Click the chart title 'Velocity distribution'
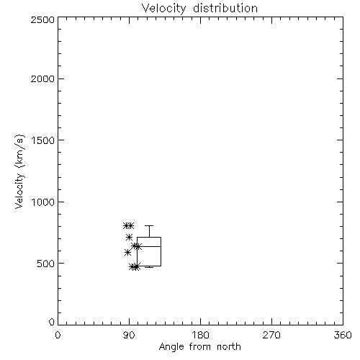point(199,9)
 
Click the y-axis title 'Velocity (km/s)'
point(19,171)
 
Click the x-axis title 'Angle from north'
point(200,347)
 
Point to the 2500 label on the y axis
point(42,19)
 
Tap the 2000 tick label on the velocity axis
point(42,78)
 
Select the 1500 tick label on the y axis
point(43,140)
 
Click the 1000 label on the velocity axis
point(43,202)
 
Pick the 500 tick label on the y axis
point(46,264)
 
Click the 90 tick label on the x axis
point(129,335)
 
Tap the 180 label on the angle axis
point(200,335)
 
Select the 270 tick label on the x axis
point(271,335)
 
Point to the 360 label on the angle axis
point(343,335)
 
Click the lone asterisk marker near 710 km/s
point(129,238)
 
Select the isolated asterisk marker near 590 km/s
point(127,252)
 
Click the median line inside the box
point(149,246)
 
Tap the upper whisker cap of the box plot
point(149,225)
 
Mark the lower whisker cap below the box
point(149,267)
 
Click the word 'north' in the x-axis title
point(229,347)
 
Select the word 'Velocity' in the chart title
point(163,9)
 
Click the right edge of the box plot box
point(161,251)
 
